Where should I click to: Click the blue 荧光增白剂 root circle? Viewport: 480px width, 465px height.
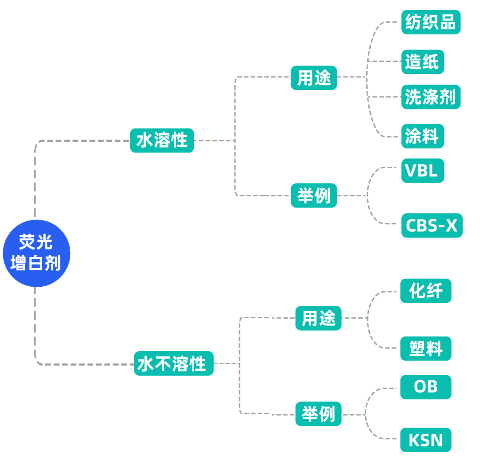coord(36,253)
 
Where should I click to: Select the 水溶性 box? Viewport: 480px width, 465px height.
coord(162,140)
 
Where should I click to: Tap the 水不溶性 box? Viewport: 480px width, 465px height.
coord(173,364)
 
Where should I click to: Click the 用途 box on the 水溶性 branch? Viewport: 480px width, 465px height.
coord(314,78)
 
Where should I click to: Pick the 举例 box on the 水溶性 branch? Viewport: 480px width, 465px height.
coord(314,196)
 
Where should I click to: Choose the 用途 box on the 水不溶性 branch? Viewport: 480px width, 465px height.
coord(318,318)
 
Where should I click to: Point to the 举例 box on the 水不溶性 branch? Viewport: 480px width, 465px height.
coord(318,414)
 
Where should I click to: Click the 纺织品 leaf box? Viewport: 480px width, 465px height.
coord(431,22)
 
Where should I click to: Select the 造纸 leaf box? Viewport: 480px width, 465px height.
coord(422,62)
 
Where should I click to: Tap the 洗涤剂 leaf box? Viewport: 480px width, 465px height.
coord(431,97)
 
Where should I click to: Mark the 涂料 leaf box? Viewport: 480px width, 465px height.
coord(422,136)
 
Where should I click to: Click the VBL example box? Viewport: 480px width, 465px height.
coord(422,171)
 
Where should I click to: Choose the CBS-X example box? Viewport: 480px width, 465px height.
coord(432,225)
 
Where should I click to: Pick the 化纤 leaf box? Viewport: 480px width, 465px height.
coord(425,291)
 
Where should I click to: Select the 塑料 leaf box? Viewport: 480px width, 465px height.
coord(425,349)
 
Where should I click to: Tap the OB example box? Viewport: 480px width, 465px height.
coord(425,387)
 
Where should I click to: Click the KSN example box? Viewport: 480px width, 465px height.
coord(425,440)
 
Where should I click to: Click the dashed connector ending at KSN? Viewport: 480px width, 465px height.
coord(378,437)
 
